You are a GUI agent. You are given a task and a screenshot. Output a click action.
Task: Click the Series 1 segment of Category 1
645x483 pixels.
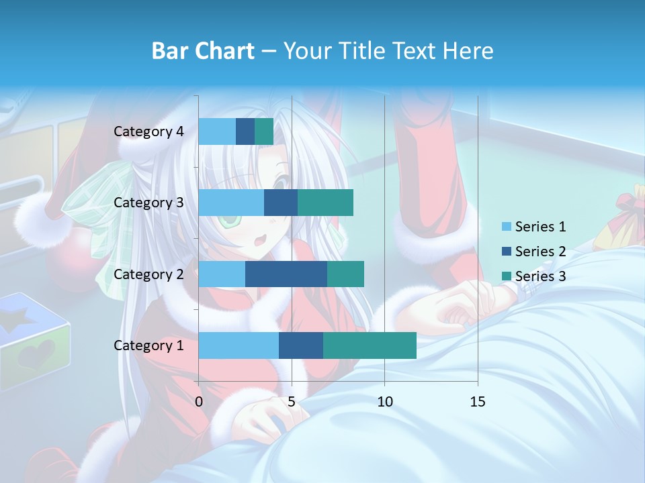tap(239, 345)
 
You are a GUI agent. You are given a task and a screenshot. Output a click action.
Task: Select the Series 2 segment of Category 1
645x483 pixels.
tap(301, 345)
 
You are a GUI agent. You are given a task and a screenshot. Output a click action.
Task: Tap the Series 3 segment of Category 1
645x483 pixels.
tap(370, 345)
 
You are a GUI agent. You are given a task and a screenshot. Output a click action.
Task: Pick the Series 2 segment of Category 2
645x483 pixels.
tap(286, 274)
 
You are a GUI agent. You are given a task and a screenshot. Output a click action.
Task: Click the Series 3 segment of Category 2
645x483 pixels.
tap(345, 274)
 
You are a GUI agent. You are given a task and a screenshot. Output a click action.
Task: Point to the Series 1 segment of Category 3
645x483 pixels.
tap(231, 203)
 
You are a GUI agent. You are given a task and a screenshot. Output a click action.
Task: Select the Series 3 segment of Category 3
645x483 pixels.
tap(325, 203)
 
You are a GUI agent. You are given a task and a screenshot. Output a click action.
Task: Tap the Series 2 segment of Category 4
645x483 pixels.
tap(245, 131)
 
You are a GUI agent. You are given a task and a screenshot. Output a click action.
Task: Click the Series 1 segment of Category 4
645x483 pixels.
tap(217, 131)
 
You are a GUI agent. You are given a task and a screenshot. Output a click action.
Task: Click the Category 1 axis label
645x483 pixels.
tap(148, 345)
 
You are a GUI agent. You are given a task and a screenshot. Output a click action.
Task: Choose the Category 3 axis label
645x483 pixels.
tap(148, 203)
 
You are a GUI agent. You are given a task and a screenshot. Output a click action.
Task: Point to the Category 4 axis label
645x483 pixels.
tap(148, 131)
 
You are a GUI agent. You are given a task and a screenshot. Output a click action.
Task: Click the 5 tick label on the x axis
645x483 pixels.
tap(292, 402)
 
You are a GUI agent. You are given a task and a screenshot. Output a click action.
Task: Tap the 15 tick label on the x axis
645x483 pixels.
tap(478, 402)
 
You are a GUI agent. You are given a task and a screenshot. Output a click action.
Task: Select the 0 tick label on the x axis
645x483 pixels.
tap(199, 402)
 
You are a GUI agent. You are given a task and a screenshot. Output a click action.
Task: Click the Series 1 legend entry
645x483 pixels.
tap(534, 227)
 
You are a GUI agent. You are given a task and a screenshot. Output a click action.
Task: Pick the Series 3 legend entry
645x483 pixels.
tap(534, 276)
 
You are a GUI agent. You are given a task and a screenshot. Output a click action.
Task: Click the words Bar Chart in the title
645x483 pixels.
tap(203, 51)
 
